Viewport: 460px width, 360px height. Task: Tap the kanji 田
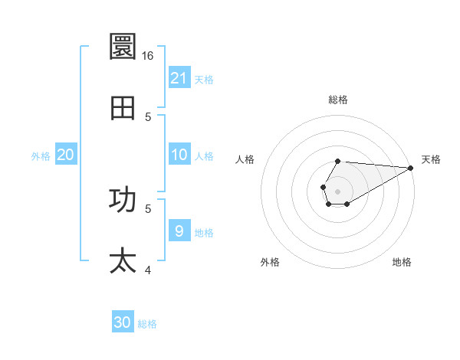pyautogui.click(x=123, y=109)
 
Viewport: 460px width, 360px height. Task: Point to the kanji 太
pyautogui.click(x=123, y=260)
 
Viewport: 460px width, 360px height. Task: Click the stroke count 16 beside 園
pyautogui.click(x=147, y=56)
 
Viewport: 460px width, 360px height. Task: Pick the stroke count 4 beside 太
pyautogui.click(x=148, y=270)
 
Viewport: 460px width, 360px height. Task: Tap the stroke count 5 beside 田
pyautogui.click(x=148, y=116)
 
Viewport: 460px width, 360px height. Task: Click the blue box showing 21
pyautogui.click(x=179, y=78)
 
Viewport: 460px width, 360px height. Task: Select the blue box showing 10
pyautogui.click(x=179, y=155)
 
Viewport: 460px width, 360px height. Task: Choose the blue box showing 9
pyautogui.click(x=179, y=231)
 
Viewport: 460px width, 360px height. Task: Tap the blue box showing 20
pyautogui.click(x=65, y=155)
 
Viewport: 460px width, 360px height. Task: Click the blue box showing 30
pyautogui.click(x=123, y=322)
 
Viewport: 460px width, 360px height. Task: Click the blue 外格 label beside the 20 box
pyautogui.click(x=41, y=156)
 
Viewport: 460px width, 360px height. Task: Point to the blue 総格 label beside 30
pyautogui.click(x=147, y=324)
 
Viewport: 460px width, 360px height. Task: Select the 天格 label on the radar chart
pyautogui.click(x=431, y=159)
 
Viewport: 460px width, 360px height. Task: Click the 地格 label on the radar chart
pyautogui.click(x=402, y=262)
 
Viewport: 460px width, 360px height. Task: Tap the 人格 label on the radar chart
pyautogui.click(x=245, y=159)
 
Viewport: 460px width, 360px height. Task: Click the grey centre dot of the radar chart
pyautogui.click(x=337, y=190)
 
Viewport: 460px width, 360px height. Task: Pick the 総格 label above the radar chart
pyautogui.click(x=338, y=100)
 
